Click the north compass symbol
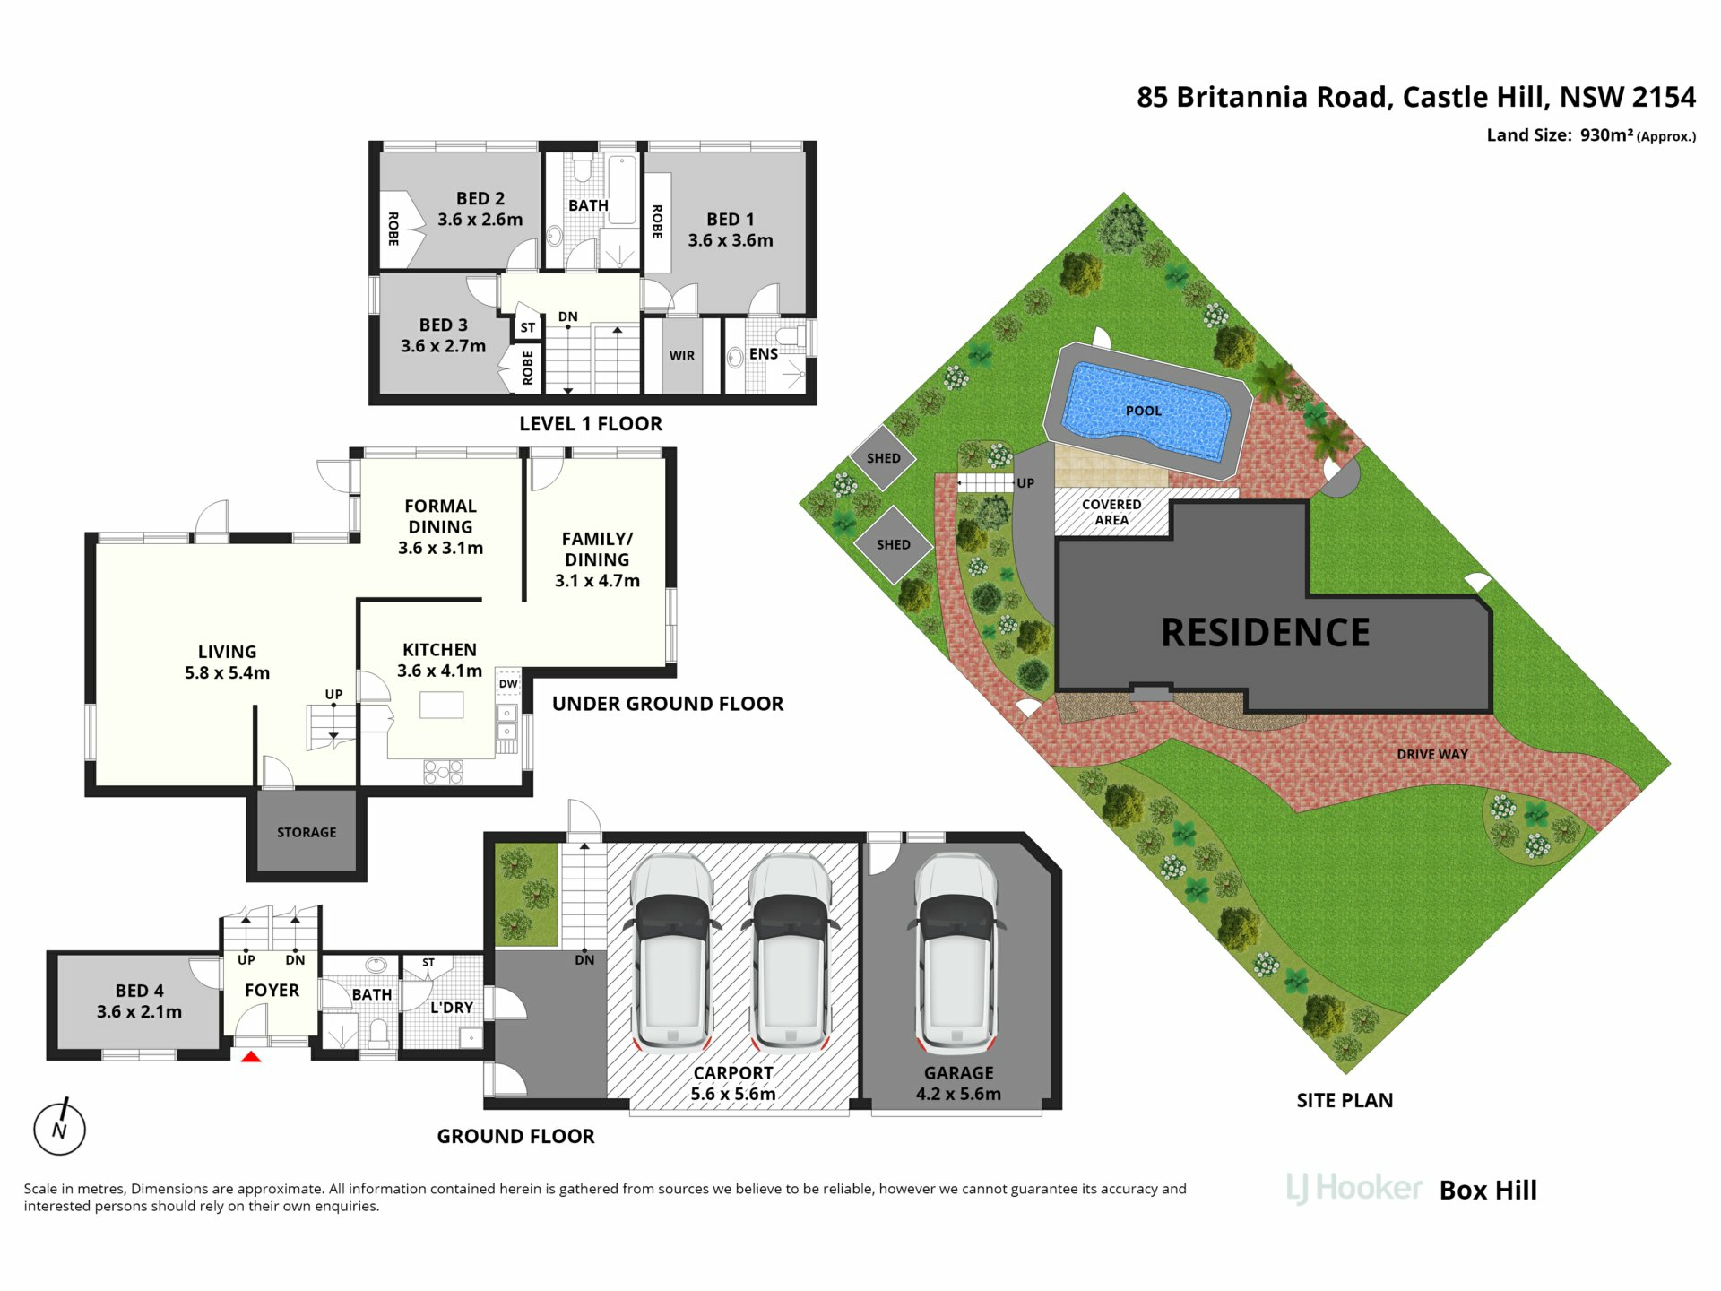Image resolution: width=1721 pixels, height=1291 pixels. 59,1127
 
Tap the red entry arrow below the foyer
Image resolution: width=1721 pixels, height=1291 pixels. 251,1057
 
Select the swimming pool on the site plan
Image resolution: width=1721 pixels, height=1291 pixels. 1146,410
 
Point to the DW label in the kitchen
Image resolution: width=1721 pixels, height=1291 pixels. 508,683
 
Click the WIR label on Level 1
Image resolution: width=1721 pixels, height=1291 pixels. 682,356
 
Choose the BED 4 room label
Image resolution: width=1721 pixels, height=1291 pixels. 140,991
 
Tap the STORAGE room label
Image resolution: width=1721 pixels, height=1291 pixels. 307,832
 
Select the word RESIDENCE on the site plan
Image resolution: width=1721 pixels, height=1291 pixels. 1265,633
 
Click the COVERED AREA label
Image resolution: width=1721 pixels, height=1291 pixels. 1111,512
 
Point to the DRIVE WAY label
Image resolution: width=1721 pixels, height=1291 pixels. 1432,755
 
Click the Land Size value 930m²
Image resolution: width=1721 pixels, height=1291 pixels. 1606,135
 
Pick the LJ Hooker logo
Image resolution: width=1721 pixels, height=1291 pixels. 1353,1189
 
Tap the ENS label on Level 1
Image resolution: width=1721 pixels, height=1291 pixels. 764,354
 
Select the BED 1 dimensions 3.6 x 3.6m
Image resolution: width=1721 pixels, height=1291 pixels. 731,240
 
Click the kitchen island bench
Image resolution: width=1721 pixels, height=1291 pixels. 442,705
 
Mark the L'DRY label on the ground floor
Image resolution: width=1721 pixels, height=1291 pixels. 451,1008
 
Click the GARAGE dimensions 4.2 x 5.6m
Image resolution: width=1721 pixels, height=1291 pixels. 958,1094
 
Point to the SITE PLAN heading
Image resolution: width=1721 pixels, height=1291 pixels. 1345,1100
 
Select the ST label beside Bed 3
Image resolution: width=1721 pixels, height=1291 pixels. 528,328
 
